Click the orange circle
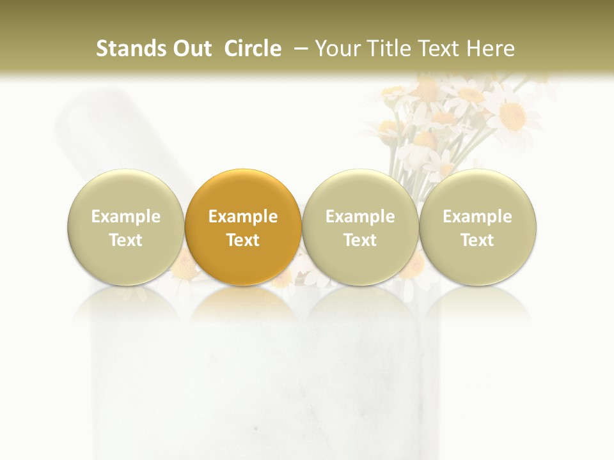point(243,227)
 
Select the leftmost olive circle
point(125,227)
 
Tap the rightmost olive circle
point(477,227)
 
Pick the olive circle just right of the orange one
point(360,227)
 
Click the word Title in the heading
point(384,49)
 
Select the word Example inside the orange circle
point(243,217)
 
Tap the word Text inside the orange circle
point(243,240)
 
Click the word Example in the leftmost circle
point(125,217)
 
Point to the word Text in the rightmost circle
point(477,240)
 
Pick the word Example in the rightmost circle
point(477,217)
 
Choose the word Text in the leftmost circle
point(125,240)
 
